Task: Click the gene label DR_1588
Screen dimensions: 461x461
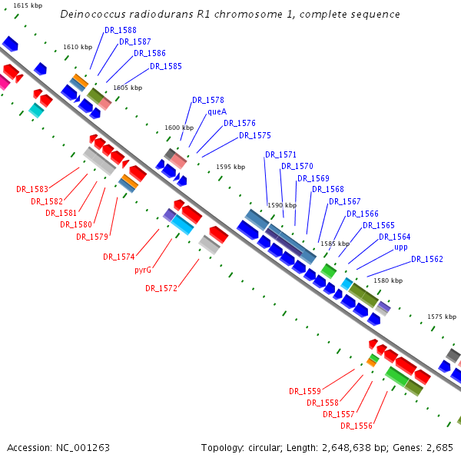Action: [x=121, y=30]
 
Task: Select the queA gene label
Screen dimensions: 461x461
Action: [x=217, y=111]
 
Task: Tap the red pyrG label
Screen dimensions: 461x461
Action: [x=144, y=270]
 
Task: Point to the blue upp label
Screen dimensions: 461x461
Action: [x=401, y=247]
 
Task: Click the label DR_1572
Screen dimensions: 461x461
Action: [x=161, y=288]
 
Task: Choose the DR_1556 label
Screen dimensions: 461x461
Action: [x=357, y=426]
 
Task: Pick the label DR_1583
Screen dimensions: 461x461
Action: [x=32, y=189]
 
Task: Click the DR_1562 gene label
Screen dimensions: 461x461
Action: [x=427, y=259]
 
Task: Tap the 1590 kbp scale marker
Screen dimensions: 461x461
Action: [x=281, y=205]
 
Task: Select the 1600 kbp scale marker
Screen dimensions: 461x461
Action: [x=179, y=128]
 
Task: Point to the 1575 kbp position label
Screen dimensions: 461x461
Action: [x=441, y=317]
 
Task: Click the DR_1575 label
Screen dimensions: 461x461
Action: [x=255, y=135]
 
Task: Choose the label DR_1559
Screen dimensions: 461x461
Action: [x=305, y=391]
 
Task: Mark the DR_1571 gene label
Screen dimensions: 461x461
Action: [x=280, y=154]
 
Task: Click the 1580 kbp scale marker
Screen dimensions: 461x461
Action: [x=387, y=280]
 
